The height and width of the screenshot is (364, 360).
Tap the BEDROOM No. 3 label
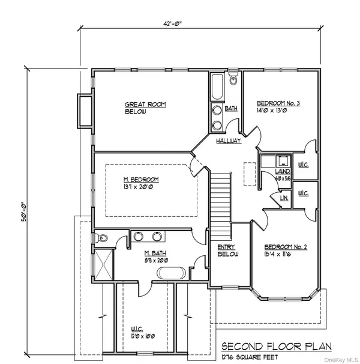click(x=278, y=107)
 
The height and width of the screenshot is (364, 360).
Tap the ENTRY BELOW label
click(x=227, y=250)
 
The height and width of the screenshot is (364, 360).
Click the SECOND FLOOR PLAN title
click(x=271, y=347)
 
